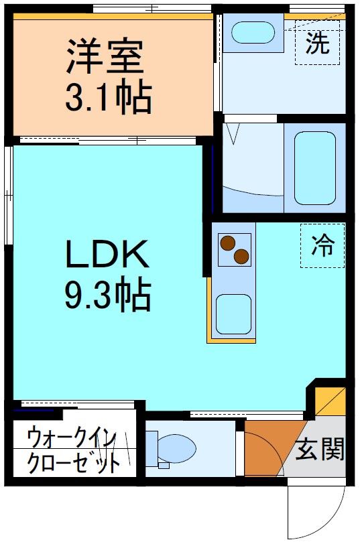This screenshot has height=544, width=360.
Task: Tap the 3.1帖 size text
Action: click(x=107, y=98)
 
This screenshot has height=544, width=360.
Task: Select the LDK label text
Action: click(x=106, y=255)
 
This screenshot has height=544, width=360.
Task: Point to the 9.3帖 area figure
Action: click(x=107, y=295)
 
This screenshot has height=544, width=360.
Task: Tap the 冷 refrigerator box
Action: click(x=322, y=245)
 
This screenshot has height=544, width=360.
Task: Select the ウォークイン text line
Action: click(x=72, y=439)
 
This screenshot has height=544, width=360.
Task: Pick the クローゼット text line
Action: click(x=74, y=462)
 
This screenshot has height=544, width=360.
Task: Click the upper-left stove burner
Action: click(x=229, y=243)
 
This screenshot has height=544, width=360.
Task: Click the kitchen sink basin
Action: click(x=233, y=313)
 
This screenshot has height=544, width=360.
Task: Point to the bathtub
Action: click(x=314, y=167)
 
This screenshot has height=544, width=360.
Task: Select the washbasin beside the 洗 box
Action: click(x=253, y=32)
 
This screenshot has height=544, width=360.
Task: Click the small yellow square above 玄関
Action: click(x=331, y=402)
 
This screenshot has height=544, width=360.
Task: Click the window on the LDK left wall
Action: click(x=7, y=194)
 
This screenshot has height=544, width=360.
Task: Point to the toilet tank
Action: click(x=153, y=448)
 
